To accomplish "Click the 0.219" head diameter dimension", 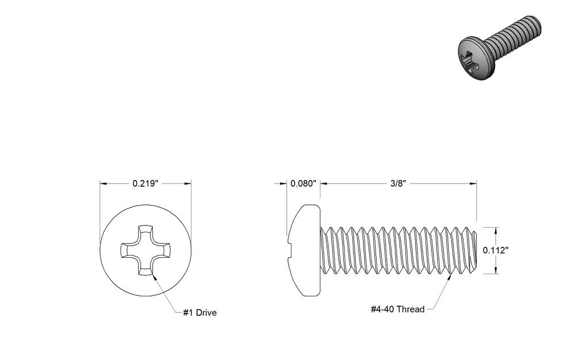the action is (145, 183).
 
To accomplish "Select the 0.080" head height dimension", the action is (303, 183).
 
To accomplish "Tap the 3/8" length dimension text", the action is (398, 183).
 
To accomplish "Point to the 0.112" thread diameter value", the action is (496, 250).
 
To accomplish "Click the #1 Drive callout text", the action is (199, 313).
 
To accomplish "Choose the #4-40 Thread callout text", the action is (398, 309).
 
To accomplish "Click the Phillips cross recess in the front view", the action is (145, 250).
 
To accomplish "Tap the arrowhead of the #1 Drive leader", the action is (155, 277).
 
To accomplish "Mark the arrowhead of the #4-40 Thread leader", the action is (451, 277).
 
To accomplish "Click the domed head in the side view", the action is (305, 250).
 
